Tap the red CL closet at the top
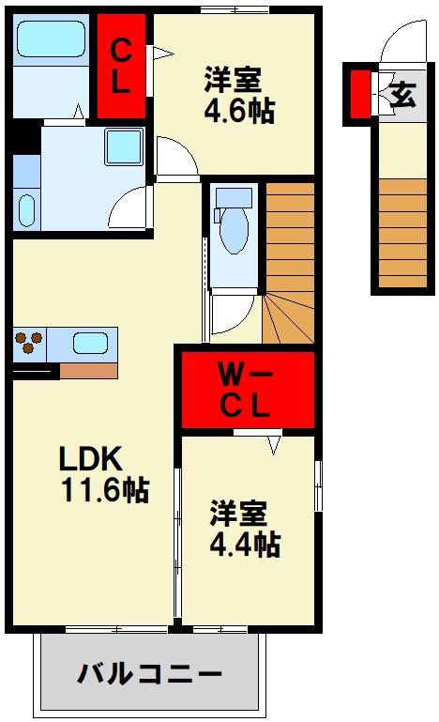[x=120, y=65]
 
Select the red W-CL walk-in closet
[x=246, y=391]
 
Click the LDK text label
[x=90, y=460]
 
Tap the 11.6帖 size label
[x=105, y=490]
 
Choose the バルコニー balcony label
[x=149, y=673]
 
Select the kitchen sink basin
[x=91, y=342]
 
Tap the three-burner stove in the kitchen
[x=29, y=341]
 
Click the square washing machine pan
[x=121, y=145]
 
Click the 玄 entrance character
[x=403, y=94]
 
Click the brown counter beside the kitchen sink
[x=88, y=369]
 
